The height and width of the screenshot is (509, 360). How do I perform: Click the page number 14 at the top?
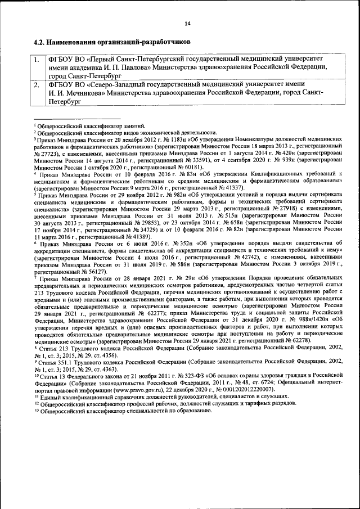[x=187, y=23]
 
